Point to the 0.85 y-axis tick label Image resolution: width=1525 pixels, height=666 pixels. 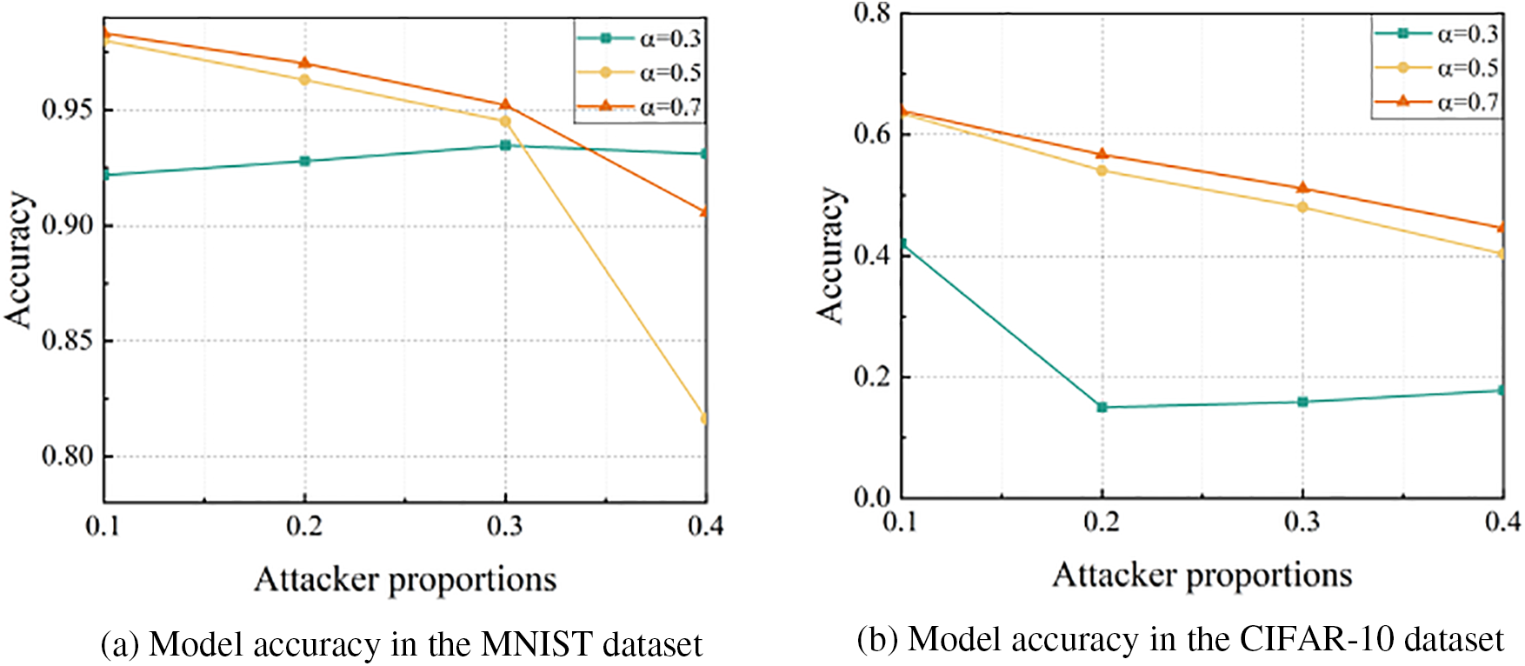pyautogui.click(x=67, y=341)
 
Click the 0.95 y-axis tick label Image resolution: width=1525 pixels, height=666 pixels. pyautogui.click(x=67, y=110)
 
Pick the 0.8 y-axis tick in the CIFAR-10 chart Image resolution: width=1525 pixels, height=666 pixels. pyautogui.click(x=872, y=14)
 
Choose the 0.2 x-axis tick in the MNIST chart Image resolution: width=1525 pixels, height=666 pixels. pyautogui.click(x=304, y=526)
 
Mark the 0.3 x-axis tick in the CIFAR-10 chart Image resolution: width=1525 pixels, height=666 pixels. pyautogui.click(x=1302, y=522)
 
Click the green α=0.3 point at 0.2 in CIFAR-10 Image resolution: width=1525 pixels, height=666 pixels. pyautogui.click(x=1102, y=407)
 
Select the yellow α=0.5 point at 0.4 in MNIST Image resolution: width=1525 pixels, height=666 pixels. pyautogui.click(x=704, y=418)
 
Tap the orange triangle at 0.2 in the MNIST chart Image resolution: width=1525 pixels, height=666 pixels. pyautogui.click(x=304, y=63)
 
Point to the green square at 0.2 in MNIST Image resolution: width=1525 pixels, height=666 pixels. pyautogui.click(x=304, y=161)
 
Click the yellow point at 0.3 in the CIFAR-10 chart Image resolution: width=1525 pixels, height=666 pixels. pyautogui.click(x=1302, y=207)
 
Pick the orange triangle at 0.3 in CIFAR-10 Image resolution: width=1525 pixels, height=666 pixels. pyautogui.click(x=1302, y=188)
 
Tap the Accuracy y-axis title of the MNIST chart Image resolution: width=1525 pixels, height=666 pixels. pyautogui.click(x=19, y=259)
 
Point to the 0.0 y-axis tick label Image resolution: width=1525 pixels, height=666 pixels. pyautogui.click(x=872, y=497)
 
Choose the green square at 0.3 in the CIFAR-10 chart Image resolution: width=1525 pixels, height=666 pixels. pyautogui.click(x=1302, y=402)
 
